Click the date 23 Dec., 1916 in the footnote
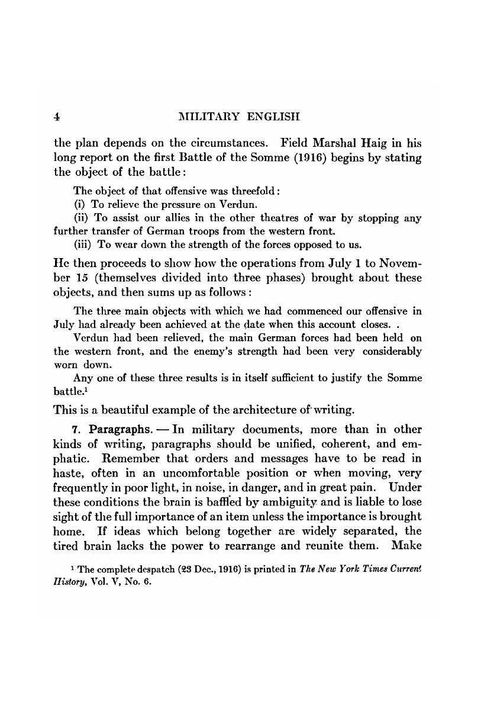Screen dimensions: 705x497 point(211,569)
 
